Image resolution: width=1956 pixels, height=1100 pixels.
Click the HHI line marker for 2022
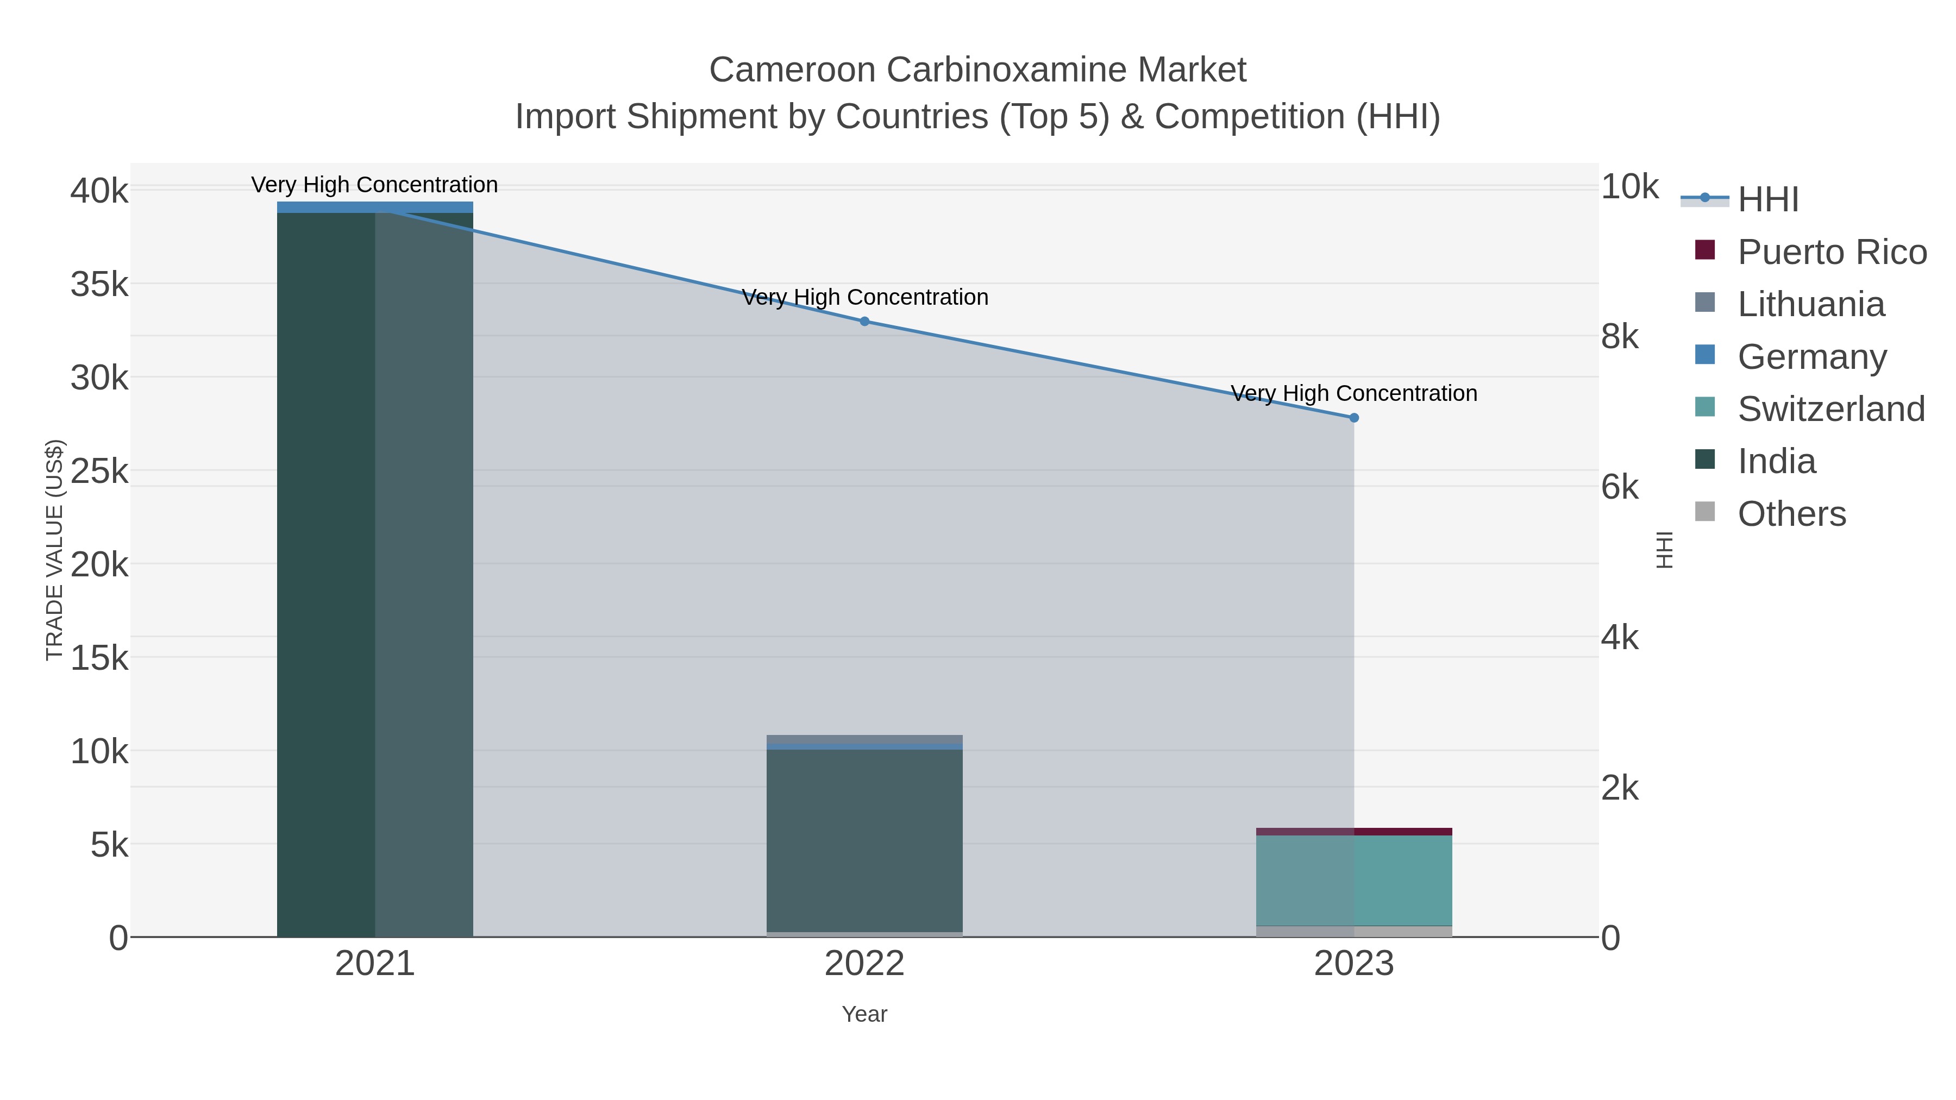864,321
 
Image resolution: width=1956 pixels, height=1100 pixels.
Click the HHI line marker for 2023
1353,418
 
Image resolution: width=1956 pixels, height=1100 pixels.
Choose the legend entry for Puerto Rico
1832,252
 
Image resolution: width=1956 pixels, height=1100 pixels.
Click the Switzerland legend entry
1830,409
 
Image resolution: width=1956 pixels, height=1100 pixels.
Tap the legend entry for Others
1790,514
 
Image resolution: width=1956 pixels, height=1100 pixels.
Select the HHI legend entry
1767,200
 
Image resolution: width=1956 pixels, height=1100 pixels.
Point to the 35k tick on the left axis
99,285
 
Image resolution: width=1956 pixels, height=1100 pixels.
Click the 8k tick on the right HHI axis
1620,336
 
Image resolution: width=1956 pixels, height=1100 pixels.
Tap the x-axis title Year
864,1014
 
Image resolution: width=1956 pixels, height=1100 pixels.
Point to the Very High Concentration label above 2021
374,185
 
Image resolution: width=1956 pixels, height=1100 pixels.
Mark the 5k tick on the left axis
109,845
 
